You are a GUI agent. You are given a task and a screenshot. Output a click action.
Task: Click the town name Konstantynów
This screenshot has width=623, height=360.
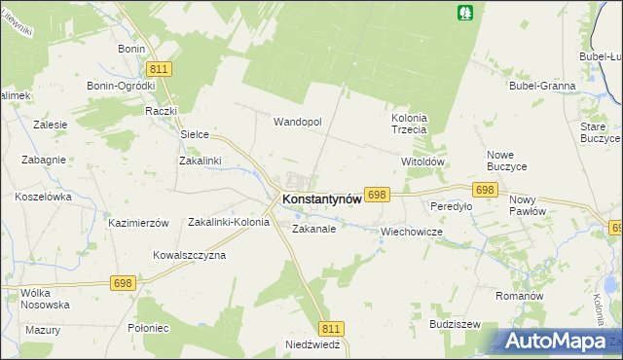tap(321, 198)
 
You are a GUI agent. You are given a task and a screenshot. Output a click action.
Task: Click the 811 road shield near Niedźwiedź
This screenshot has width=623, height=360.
tap(333, 329)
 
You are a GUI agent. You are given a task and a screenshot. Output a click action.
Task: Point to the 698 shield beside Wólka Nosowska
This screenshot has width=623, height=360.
tap(123, 283)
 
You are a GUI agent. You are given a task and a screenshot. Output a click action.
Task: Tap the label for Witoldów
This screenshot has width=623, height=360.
tap(422, 162)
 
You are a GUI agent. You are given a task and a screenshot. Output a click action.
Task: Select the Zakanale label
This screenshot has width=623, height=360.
tap(313, 230)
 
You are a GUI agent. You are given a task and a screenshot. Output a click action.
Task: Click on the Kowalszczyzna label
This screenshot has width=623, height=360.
tap(189, 255)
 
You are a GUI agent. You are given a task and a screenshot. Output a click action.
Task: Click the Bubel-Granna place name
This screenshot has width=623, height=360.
tap(542, 86)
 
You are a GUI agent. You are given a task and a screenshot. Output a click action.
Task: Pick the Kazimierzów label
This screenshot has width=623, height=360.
tap(139, 223)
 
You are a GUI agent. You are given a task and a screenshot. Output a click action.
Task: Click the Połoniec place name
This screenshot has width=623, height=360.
tap(148, 328)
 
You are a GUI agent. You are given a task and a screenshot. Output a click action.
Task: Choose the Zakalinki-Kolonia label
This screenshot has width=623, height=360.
tap(229, 222)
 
